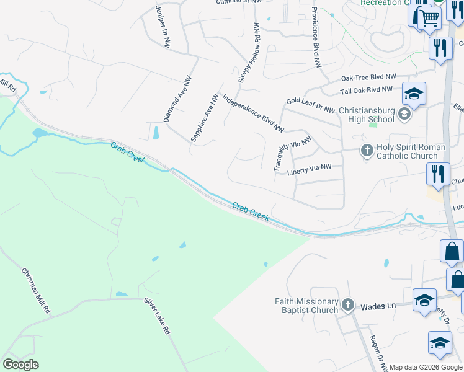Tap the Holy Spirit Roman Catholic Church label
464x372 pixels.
(411, 151)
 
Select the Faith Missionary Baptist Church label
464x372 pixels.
(307, 306)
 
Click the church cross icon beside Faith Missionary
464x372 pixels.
(348, 304)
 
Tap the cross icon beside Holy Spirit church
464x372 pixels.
(367, 151)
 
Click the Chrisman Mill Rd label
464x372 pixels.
(35, 291)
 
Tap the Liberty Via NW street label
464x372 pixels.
(310, 169)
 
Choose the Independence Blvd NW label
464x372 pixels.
(252, 113)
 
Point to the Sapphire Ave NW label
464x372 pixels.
(205, 118)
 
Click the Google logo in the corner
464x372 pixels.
(20, 365)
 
